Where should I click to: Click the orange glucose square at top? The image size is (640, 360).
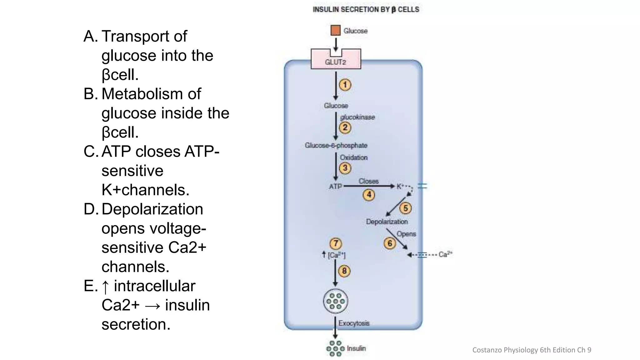335,30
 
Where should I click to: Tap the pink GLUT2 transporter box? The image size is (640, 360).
336,62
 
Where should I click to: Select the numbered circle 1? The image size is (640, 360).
345,85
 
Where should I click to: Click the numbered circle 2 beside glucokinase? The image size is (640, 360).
345,127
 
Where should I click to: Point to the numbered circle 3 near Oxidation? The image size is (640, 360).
345,168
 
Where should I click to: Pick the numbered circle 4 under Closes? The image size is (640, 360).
369,195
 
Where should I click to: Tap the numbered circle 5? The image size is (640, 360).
405,208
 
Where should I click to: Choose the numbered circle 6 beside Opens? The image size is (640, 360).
390,243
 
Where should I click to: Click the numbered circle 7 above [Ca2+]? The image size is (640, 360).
336,243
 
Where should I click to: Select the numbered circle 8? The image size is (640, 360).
344,271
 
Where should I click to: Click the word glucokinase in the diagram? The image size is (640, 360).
357,117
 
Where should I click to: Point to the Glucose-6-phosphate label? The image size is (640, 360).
336,145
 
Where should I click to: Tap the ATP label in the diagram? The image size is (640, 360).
335,187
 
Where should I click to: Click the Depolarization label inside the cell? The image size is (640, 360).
387,222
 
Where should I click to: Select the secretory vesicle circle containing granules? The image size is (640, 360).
335,301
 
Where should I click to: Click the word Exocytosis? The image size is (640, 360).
354,323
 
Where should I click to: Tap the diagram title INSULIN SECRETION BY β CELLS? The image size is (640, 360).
366,9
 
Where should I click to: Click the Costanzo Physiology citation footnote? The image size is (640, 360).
532,350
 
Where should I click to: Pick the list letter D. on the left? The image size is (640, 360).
91,209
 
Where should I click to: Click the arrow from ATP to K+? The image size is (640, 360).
369,186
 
